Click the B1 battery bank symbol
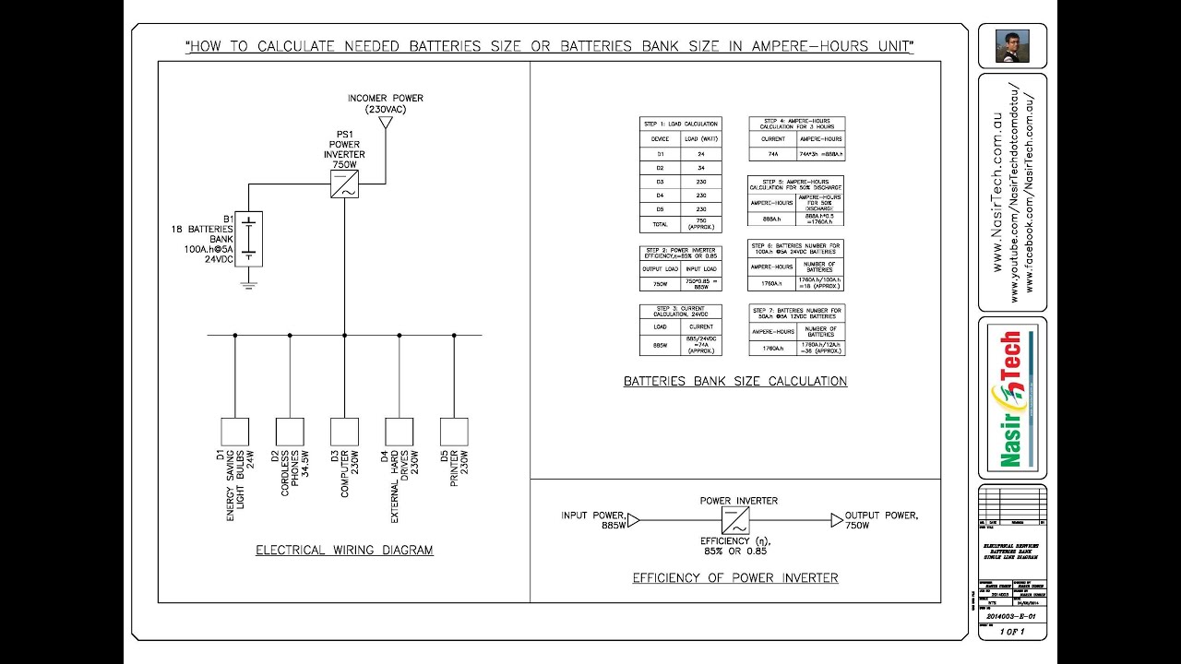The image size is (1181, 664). [x=249, y=239]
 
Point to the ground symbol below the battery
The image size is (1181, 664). [x=249, y=286]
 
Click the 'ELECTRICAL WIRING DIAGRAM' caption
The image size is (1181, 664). [x=344, y=551]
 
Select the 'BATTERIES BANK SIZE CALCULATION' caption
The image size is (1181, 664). [x=734, y=381]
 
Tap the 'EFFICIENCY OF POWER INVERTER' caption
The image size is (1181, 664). [x=734, y=578]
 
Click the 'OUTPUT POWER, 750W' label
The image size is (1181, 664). [x=883, y=519]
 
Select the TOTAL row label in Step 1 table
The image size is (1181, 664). [x=660, y=223]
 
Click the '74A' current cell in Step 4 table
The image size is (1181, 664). [x=772, y=154]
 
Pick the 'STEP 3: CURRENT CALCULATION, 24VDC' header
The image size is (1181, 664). [x=680, y=312]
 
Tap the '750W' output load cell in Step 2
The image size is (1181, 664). [x=660, y=284]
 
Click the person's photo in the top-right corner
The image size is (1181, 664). [x=1012, y=45]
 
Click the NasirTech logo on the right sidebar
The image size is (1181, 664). [x=1012, y=398]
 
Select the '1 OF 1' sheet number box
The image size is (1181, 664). [x=1012, y=633]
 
